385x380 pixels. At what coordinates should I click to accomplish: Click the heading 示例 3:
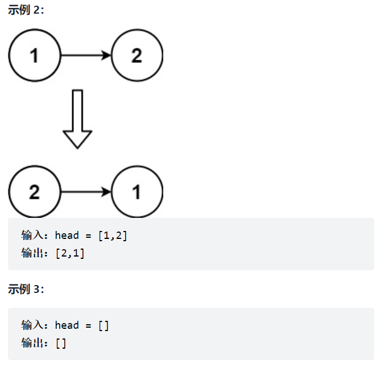coord(26,290)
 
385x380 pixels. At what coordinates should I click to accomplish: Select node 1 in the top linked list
coord(35,55)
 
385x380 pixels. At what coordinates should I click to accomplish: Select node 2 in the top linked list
coord(137,55)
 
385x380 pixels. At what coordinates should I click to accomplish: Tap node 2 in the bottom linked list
coord(35,192)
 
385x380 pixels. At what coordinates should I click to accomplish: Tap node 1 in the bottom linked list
coord(137,192)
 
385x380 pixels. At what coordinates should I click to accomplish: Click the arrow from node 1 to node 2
coord(85,55)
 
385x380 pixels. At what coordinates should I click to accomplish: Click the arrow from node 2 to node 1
coord(85,192)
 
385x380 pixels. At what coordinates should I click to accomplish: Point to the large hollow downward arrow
coord(77,119)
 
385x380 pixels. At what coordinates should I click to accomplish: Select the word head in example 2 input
coord(67,236)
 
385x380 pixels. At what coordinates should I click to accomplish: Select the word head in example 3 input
coord(67,325)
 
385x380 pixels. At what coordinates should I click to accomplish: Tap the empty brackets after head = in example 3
coord(104,325)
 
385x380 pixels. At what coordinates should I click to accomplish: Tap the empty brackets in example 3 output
coord(61,344)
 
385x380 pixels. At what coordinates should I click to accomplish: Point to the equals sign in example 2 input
coord(88,236)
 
